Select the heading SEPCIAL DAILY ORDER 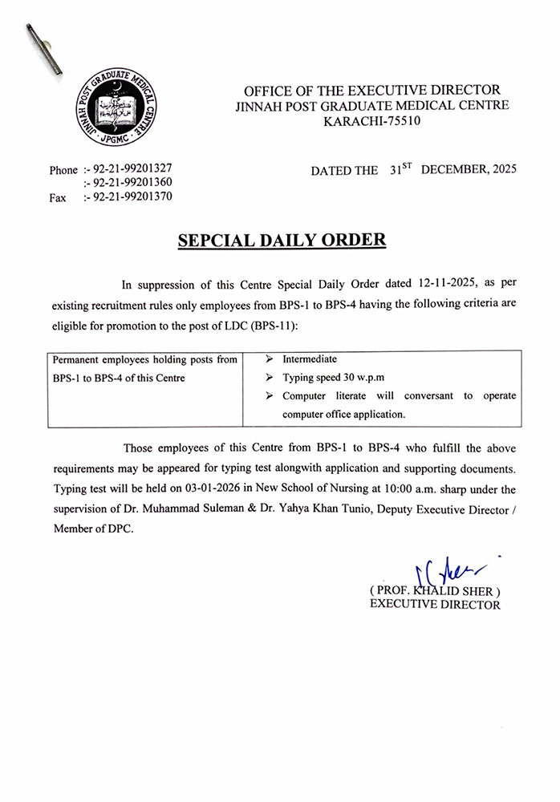(281, 240)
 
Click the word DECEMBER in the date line (454, 170)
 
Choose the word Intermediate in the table (310, 359)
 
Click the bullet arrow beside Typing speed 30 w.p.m (271, 378)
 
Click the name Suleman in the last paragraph (257, 509)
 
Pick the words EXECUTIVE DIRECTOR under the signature (434, 605)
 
